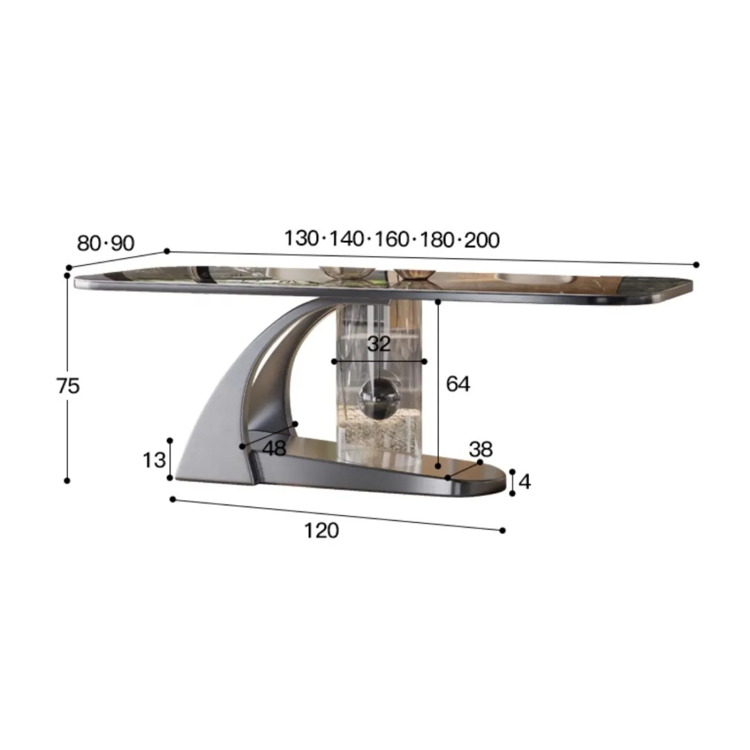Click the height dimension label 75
coord(69,386)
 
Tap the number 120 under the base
coord(321,531)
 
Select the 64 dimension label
coord(458,384)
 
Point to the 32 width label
coord(378,343)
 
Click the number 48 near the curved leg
coord(275,448)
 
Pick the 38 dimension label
coord(481,449)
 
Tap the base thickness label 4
coord(524,482)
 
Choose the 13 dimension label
coord(155,460)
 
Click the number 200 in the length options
coord(482,240)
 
